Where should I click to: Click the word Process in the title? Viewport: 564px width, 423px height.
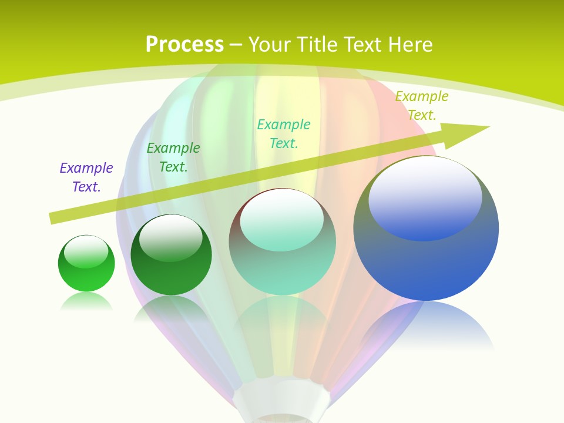point(184,45)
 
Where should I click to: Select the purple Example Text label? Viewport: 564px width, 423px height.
point(86,177)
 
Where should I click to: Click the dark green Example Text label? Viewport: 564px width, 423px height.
point(173,157)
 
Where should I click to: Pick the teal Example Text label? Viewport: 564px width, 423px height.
point(284,134)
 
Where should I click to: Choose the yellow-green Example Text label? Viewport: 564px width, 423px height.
point(422,106)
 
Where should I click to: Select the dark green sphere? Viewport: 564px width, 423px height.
point(171,273)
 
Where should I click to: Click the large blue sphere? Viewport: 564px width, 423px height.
point(426,264)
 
